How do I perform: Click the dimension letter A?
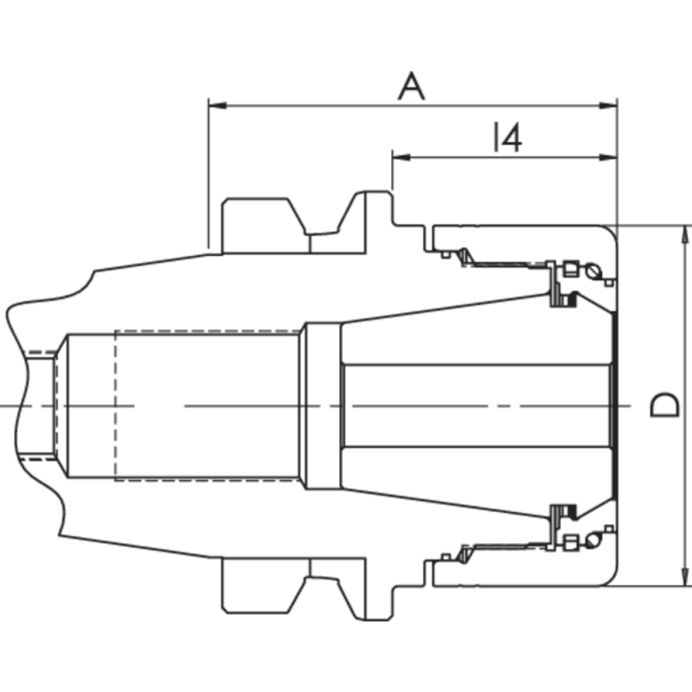412,86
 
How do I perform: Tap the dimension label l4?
507,138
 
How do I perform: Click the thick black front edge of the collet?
615,405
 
